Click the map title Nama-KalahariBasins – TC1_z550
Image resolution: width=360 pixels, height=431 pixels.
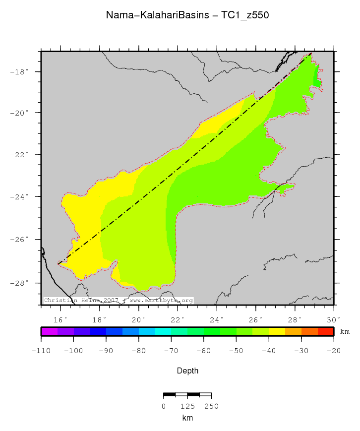pos(187,15)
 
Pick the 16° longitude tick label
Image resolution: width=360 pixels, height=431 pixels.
pos(60,319)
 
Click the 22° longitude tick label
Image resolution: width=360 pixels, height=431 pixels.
pos(178,319)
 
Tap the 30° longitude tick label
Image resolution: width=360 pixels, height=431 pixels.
pos(334,319)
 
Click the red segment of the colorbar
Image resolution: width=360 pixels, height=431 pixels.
pos(326,331)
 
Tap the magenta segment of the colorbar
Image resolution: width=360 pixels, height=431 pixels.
pos(49,331)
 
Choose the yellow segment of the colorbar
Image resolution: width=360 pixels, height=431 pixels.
pos(277,331)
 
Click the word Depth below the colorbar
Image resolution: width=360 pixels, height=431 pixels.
pos(187,370)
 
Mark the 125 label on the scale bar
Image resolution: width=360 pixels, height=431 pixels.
pos(187,406)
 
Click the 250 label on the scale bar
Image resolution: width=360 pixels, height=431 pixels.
pos(211,406)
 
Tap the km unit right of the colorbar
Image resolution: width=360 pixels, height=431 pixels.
pos(345,331)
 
